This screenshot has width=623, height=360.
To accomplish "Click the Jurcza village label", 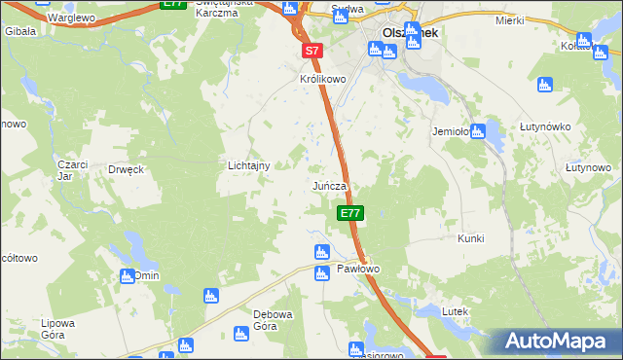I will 330,185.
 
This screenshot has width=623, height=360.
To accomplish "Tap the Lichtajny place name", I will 248,166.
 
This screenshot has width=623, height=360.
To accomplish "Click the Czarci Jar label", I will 72,170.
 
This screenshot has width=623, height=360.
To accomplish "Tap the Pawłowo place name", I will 357,269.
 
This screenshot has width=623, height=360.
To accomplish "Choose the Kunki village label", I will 470,238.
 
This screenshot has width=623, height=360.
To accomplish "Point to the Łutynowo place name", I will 588,168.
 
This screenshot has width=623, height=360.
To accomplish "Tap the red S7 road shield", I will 311,50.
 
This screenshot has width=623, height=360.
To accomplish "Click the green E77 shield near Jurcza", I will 350,213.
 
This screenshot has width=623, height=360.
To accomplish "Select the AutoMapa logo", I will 559,342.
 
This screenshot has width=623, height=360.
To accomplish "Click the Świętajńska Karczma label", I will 224,8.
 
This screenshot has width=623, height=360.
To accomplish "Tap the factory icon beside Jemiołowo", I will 478,133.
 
